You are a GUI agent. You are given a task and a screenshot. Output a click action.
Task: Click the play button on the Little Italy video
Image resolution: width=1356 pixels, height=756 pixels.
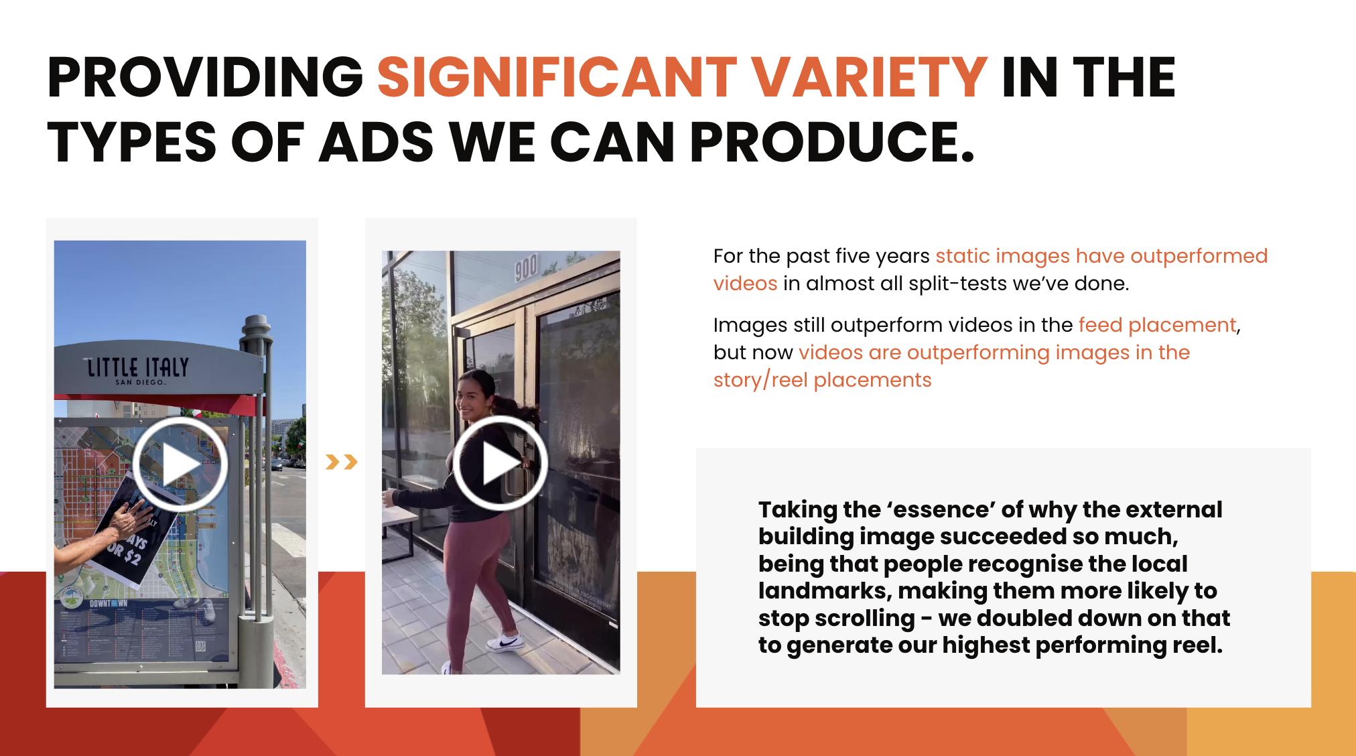(x=180, y=464)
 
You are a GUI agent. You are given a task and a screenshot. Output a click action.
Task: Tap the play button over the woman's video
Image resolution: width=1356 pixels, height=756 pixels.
(x=500, y=463)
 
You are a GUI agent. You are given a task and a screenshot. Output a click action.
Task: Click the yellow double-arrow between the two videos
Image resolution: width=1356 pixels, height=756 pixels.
(x=341, y=462)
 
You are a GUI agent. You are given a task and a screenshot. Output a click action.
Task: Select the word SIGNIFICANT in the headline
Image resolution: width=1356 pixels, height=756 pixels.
(x=557, y=78)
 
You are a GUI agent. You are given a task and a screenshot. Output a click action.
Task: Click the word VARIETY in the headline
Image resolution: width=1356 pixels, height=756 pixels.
(x=869, y=78)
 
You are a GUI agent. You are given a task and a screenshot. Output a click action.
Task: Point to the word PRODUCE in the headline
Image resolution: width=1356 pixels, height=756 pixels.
(x=831, y=142)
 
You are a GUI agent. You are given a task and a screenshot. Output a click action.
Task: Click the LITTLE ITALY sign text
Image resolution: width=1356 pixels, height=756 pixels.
(x=138, y=367)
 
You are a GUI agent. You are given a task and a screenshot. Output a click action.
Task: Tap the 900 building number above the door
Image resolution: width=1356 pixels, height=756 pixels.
(x=527, y=267)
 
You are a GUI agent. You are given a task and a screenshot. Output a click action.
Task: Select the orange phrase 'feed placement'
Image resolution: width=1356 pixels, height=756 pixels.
(x=1157, y=325)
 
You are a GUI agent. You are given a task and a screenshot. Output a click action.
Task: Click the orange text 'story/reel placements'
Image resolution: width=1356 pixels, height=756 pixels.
(x=822, y=380)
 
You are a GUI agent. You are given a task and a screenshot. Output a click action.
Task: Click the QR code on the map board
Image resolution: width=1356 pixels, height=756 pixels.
(x=200, y=646)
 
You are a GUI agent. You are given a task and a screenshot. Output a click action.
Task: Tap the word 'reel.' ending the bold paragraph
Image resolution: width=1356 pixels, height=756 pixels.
(x=1197, y=645)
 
